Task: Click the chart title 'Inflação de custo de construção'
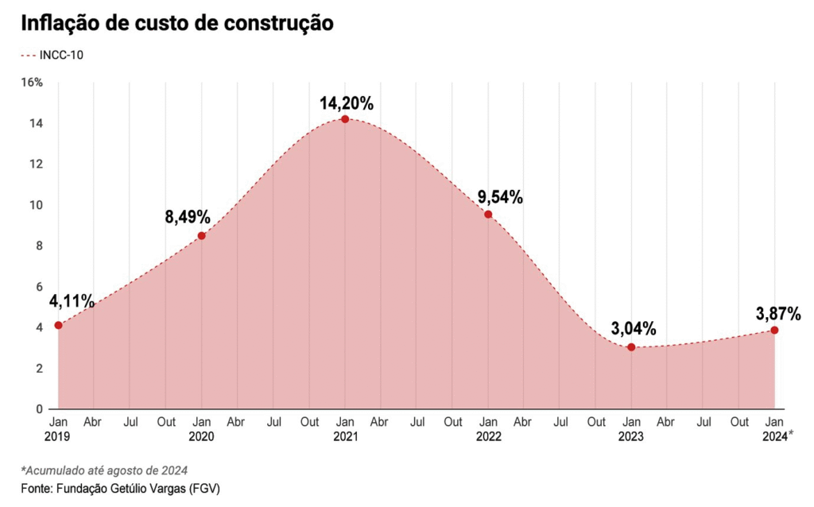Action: pyautogui.click(x=176, y=23)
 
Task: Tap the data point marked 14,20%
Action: pyautogui.click(x=345, y=119)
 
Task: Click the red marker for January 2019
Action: pyautogui.click(x=58, y=325)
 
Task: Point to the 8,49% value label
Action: pyautogui.click(x=188, y=217)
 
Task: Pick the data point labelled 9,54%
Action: pyautogui.click(x=488, y=215)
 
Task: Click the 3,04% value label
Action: pyautogui.click(x=634, y=328)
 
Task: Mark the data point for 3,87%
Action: pyautogui.click(x=774, y=330)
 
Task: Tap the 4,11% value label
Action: pyautogui.click(x=72, y=301)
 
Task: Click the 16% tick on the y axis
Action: pyautogui.click(x=32, y=83)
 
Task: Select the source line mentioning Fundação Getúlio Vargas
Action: pyautogui.click(x=119, y=488)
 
